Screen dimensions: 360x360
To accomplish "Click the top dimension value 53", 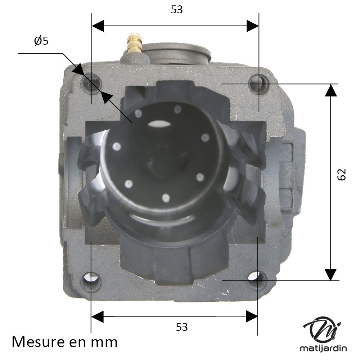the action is tap(177, 10).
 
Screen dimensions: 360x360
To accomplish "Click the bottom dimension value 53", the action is tap(182, 327).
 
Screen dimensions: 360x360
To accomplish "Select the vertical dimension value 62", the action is tap(342, 175).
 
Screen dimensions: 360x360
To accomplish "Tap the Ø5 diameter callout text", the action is tap(41, 41).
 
